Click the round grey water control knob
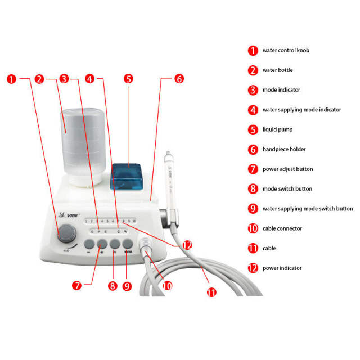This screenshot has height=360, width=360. point(67,231)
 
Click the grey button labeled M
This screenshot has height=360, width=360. point(115,244)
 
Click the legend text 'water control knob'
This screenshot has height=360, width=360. point(286,50)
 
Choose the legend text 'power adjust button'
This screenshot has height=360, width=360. point(287,169)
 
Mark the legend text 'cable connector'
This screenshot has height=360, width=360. point(282,228)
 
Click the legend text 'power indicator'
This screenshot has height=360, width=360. point(282,268)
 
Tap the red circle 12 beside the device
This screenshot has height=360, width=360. point(187,245)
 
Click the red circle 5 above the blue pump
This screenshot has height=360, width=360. point(128,79)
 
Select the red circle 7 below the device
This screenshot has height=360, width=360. point(76,285)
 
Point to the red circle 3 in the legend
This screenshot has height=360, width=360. point(253,90)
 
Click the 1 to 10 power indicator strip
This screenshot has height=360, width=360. point(109,222)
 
